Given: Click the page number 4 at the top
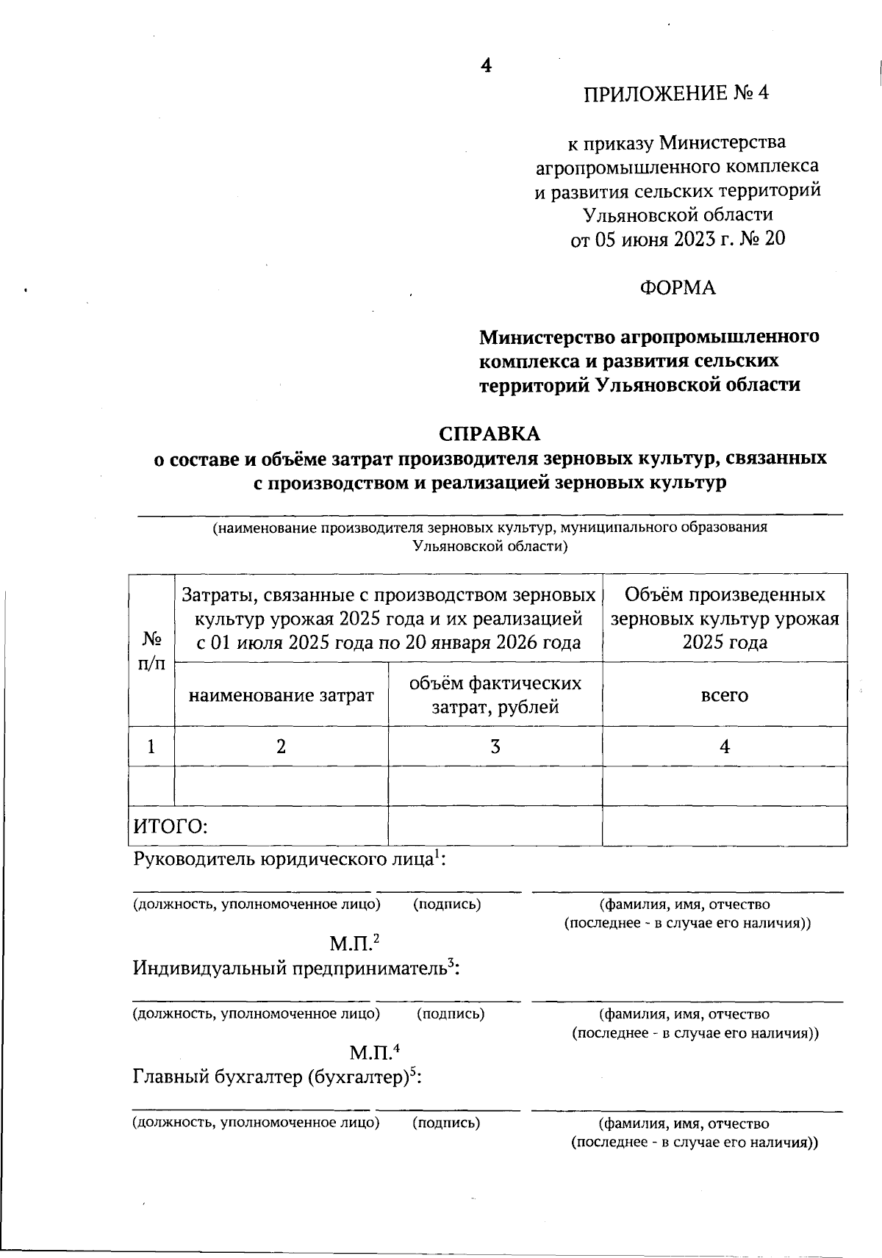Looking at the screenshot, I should pos(486,65).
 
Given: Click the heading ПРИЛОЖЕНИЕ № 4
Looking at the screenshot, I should pos(675,93).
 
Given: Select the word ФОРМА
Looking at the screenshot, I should pos(677,288).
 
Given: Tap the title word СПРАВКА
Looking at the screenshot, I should pos(490,434).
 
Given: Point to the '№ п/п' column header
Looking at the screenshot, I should pos(151,650).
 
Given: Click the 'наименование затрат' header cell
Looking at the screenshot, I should pos(282,695).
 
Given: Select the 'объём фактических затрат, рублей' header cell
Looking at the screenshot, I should pos(495,695).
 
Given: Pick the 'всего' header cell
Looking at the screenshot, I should pos(724,695).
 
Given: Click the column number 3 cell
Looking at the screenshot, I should pos(495,747).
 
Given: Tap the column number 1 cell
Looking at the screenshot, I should pos(151,747).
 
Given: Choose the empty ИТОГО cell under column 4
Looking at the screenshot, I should pos(724,826).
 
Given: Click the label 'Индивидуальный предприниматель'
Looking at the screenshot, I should pos(291,968).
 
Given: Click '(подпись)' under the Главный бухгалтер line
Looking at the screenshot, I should pos(446,1124).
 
